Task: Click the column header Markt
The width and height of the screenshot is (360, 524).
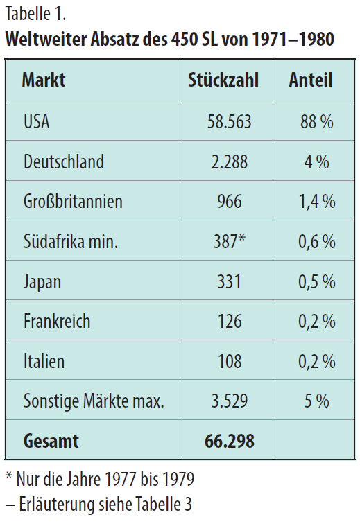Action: click(44, 80)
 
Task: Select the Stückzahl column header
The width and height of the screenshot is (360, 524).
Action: click(223, 80)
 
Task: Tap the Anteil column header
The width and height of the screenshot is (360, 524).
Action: click(311, 80)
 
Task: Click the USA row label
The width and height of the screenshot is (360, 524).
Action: click(37, 121)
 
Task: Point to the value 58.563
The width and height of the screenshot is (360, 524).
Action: click(229, 121)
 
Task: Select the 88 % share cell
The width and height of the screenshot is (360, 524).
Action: click(316, 121)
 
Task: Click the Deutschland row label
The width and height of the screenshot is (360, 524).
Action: click(64, 161)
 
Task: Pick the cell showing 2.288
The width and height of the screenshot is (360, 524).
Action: click(230, 161)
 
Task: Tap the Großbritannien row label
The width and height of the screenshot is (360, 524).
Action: click(73, 202)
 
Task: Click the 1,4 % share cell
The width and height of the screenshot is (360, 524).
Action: click(317, 202)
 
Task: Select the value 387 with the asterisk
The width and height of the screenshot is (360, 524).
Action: click(230, 241)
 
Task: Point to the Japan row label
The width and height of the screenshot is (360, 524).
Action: click(42, 282)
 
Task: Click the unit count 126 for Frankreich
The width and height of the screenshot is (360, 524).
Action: click(230, 321)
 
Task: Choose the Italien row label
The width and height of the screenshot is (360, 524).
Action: click(44, 361)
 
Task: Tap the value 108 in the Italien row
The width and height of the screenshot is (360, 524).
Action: click(230, 361)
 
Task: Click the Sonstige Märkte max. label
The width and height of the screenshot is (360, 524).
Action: click(94, 401)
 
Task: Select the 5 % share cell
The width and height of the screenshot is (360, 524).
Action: click(316, 401)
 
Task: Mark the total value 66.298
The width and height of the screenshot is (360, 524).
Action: click(230, 441)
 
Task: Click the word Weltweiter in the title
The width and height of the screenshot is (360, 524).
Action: click(46, 39)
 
